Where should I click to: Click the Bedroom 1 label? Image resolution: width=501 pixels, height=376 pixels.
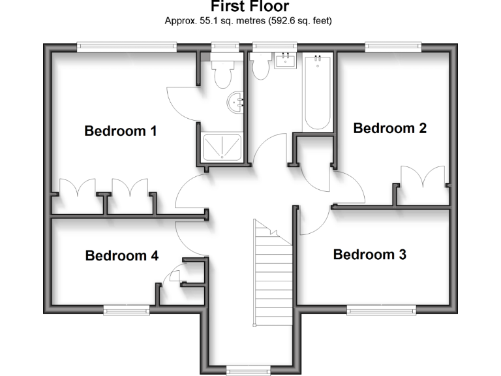coord(121,131)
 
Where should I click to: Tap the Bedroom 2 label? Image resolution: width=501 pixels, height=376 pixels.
coord(389,128)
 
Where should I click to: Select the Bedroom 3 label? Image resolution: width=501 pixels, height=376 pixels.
coord(369,255)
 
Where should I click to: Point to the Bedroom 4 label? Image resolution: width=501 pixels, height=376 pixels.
coord(122,256)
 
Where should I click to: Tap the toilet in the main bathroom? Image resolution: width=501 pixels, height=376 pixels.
coord(262,66)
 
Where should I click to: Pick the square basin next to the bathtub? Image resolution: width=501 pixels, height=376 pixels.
coord(286,62)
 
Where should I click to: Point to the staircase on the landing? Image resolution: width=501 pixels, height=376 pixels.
coord(272,274)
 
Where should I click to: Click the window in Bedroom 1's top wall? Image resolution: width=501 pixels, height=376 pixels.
coord(127,46)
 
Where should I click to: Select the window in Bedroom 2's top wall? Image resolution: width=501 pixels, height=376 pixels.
coord(393,46)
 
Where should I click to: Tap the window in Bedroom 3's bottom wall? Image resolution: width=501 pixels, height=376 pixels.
coord(381,309)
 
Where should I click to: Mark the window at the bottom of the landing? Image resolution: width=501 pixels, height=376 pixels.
coord(248,369)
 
